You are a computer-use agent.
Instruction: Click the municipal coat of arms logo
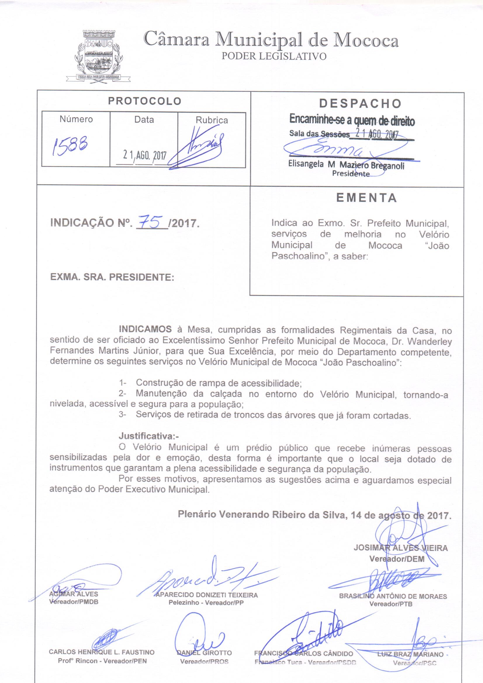[98, 56]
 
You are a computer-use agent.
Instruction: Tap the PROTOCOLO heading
[145, 101]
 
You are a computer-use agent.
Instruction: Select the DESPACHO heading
[360, 103]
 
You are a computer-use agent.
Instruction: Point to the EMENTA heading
[367, 198]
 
